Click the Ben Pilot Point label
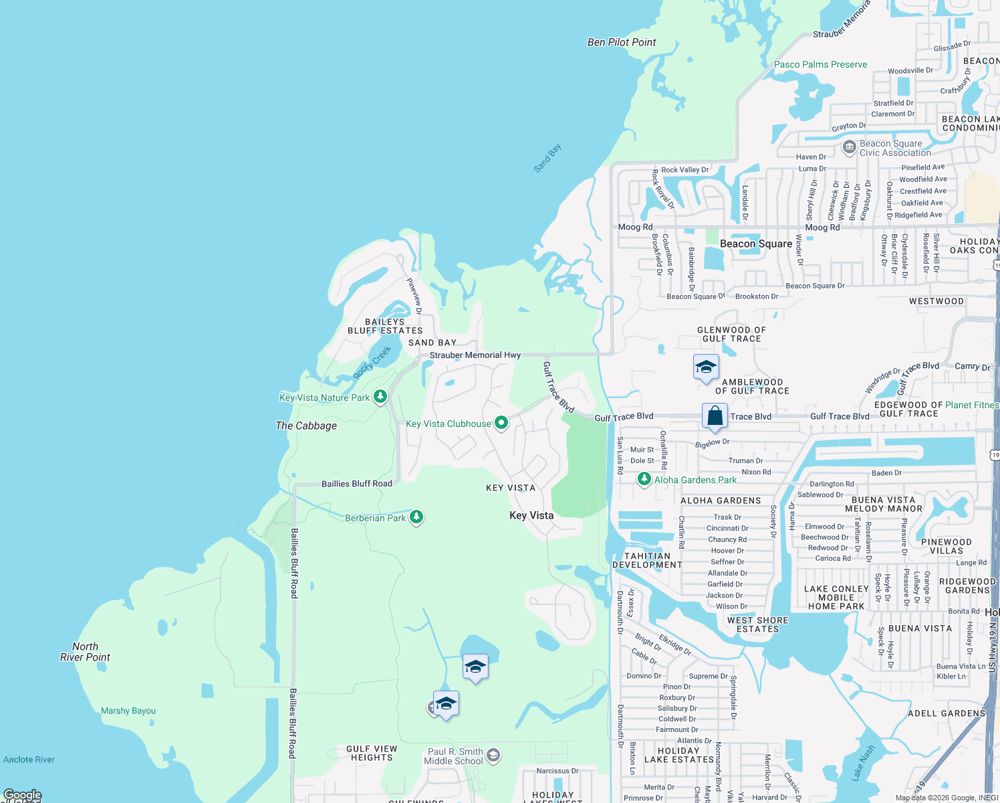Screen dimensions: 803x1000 point(621,42)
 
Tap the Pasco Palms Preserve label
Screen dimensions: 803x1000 point(820,64)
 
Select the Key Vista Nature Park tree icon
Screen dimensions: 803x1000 point(380,397)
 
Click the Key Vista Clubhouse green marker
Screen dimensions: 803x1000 point(501,423)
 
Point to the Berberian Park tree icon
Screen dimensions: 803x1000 point(416,517)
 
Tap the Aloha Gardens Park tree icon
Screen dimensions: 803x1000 point(644,479)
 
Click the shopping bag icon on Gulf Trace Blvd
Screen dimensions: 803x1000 point(715,416)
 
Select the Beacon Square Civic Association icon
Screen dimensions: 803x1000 point(849,147)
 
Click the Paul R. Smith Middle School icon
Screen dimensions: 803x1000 point(493,755)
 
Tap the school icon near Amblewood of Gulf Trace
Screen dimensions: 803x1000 point(706,367)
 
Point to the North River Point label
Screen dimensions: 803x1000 point(85,652)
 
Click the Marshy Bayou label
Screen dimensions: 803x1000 point(128,711)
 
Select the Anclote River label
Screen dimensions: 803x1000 point(29,760)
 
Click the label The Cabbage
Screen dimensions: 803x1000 point(306,426)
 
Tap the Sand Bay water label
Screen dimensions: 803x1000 point(547,159)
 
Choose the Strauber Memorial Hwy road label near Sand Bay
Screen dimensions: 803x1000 point(475,355)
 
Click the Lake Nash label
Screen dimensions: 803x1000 point(862,763)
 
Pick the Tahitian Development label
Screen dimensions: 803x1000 point(647,560)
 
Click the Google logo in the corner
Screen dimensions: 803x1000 point(22,795)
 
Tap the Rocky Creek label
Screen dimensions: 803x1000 point(372,363)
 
